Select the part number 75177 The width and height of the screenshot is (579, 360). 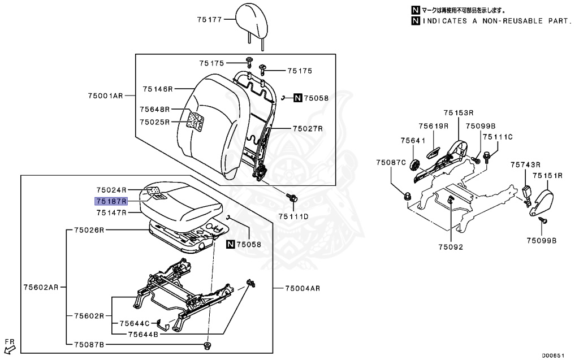[210, 20]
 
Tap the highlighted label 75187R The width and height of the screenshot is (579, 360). [111, 201]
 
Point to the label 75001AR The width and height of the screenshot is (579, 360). [105, 96]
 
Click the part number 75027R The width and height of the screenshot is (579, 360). [307, 129]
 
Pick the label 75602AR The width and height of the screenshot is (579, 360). [41, 288]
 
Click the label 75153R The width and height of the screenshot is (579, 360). [458, 113]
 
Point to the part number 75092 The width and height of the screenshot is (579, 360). [450, 247]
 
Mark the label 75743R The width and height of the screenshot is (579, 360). [526, 164]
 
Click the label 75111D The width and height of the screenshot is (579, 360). [293, 216]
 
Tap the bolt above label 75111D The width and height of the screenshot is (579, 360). [292, 198]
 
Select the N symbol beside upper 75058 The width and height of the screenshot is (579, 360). [298, 98]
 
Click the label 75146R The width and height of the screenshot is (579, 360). [158, 89]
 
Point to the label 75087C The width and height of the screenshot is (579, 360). [391, 163]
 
